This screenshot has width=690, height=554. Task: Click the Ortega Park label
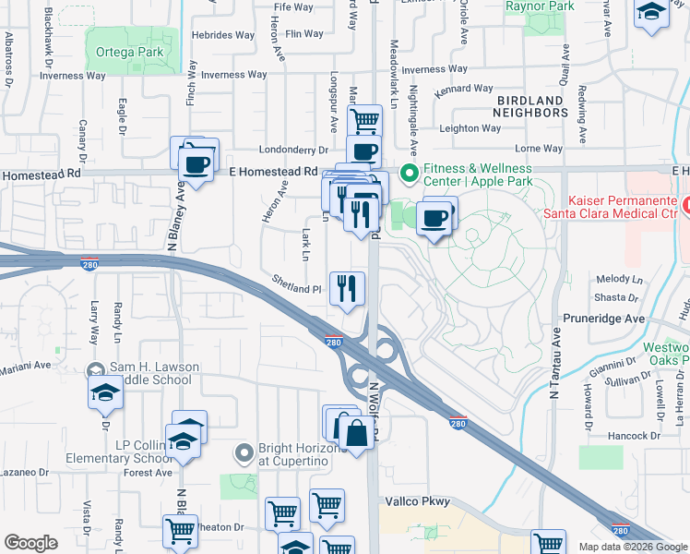pos(129,53)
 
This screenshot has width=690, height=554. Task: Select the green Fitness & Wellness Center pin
pos(407,174)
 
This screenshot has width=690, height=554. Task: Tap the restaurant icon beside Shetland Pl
pos(347,287)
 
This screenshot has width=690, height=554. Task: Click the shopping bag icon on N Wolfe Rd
pos(355,431)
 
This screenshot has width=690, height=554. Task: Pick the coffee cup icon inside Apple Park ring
pos(434,219)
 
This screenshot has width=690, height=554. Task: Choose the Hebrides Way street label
pos(223,35)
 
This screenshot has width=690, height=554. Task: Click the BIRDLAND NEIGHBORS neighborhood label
pos(530,106)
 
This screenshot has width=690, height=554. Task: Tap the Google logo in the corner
pos(30,543)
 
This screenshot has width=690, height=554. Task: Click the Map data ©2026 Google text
pos(632,547)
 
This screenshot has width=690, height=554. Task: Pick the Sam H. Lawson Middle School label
pos(155,373)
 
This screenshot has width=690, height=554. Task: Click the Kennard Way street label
pos(464,90)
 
